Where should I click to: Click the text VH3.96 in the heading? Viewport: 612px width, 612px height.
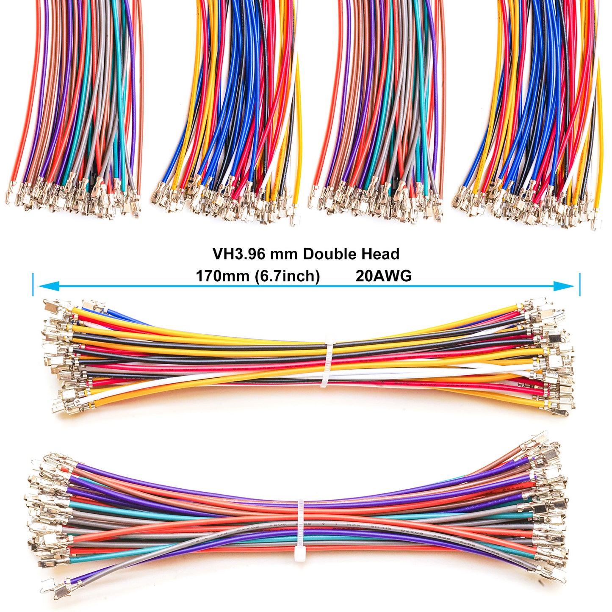pyautogui.click(x=239, y=254)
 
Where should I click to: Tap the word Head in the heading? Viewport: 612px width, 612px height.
pyautogui.click(x=380, y=254)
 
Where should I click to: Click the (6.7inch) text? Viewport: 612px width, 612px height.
pyautogui.click(x=287, y=276)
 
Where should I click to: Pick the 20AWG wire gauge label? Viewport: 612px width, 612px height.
pyautogui.click(x=383, y=276)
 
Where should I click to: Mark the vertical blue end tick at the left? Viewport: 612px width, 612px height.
pyautogui.click(x=33, y=285)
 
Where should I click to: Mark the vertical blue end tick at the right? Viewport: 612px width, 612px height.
pyautogui.click(x=579, y=285)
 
